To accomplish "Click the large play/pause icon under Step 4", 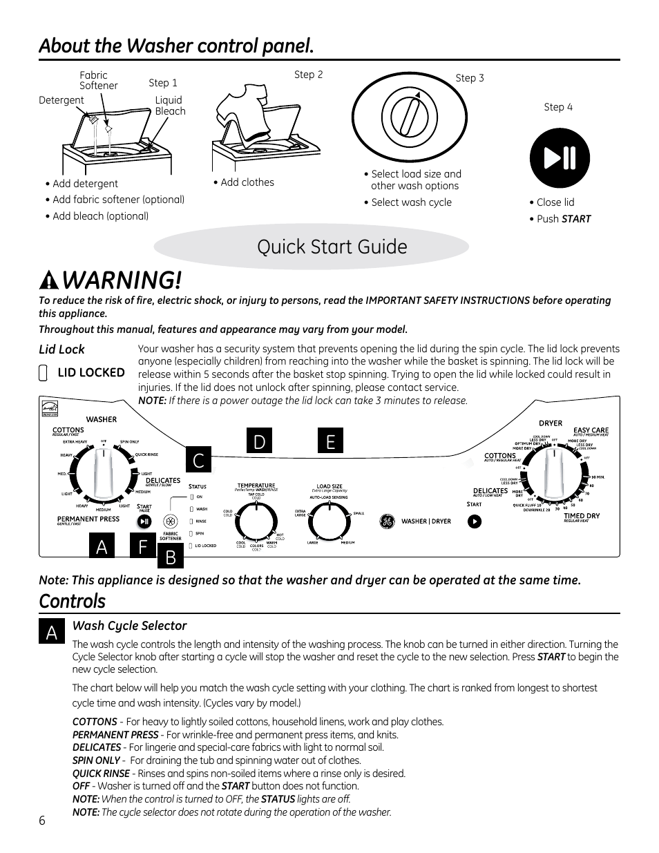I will coord(560,158).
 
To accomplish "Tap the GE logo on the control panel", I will coord(387,521).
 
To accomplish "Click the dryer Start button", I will coord(474,521).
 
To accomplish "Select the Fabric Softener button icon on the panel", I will coord(170,522).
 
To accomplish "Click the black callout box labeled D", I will coord(259,441).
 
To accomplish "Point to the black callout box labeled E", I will coord(331,441).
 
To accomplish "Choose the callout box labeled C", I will coord(198,460).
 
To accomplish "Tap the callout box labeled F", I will coord(143,546).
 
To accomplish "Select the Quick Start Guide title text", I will coord(332,247).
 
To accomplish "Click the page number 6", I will coord(42,821).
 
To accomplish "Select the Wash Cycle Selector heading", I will coord(130,626).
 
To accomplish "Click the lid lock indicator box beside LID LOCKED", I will coord(44,374).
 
